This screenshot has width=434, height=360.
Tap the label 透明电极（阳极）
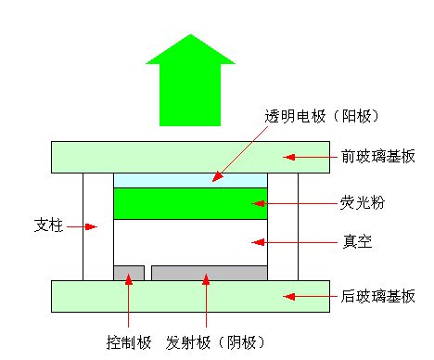click(322, 116)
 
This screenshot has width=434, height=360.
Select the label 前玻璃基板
click(377, 157)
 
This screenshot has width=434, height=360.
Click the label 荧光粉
click(363, 203)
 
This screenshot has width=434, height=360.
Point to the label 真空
click(358, 241)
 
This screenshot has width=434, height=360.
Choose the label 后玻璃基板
click(377, 296)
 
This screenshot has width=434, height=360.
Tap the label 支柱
click(48, 225)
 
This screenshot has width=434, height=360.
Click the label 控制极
click(129, 342)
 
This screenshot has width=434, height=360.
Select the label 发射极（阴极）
click(215, 342)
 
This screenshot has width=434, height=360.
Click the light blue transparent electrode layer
click(190, 180)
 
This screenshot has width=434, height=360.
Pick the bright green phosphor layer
click(190, 203)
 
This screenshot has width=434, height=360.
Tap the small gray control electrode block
click(129, 273)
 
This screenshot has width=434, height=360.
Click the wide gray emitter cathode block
click(210, 273)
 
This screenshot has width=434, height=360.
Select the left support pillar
click(98, 226)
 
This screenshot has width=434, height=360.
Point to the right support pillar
click(283, 226)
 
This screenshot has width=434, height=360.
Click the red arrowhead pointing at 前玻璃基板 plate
click(288, 157)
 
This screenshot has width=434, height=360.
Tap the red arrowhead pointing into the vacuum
click(258, 242)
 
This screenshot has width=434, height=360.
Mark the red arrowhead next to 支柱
click(91, 226)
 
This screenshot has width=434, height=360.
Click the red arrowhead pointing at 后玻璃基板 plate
click(288, 297)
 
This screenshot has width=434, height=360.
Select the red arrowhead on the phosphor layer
click(258, 203)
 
